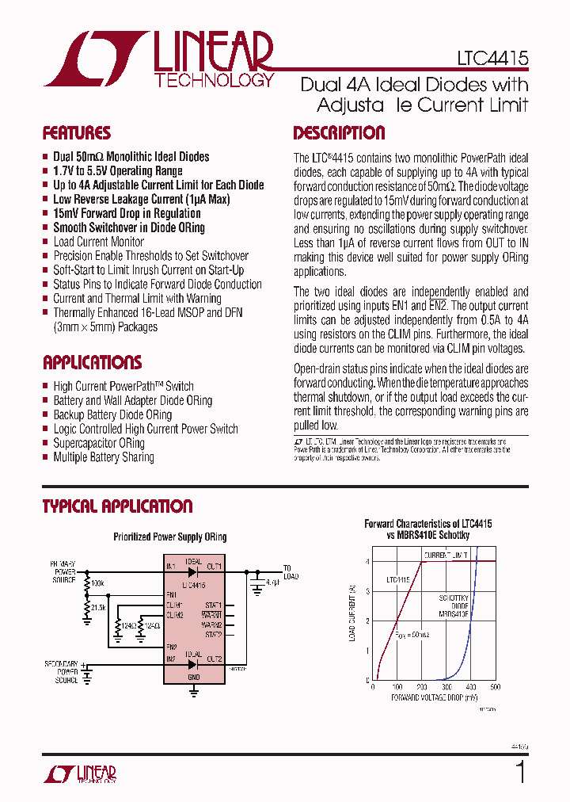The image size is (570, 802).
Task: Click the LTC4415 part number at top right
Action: [492, 59]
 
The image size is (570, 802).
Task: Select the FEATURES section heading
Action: [77, 133]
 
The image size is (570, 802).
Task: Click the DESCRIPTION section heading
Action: [339, 133]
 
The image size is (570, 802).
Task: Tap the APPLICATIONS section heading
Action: [92, 363]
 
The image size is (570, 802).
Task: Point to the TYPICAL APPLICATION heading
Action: [117, 506]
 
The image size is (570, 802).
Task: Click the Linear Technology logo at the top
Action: [159, 59]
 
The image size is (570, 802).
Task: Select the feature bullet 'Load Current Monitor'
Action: [98, 242]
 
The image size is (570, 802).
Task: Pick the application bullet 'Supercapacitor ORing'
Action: [99, 443]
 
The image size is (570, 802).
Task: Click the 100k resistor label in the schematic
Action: [98, 583]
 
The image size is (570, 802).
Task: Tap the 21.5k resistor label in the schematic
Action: [98, 607]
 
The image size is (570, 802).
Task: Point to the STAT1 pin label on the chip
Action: [213, 605]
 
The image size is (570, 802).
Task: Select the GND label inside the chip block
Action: [194, 678]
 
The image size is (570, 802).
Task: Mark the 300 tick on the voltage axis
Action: [446, 687]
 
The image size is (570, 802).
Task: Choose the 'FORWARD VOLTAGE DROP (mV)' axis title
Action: [434, 697]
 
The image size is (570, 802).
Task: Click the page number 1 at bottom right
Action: [520, 771]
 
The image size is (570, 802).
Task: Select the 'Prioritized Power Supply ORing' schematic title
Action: [170, 537]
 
